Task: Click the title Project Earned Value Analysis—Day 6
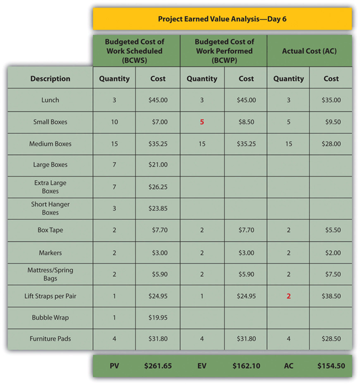coord(222,19)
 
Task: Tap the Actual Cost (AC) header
coord(309,51)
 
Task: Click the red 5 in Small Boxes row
coord(202,122)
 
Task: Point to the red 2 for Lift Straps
coord(288,296)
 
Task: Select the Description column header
coord(50,79)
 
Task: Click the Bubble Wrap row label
coord(50,317)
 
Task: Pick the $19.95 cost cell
coord(157,317)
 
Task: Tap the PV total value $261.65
coord(157,365)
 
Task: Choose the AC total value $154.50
coord(331,365)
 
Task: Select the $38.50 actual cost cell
coord(331,296)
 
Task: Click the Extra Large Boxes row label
coord(50,187)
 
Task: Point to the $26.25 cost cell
coord(157,187)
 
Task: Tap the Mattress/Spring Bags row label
coord(50,274)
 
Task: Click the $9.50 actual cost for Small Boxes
coord(331,122)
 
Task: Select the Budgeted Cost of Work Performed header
coord(224,51)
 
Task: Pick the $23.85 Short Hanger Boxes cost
coord(157,208)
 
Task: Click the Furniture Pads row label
coord(50,339)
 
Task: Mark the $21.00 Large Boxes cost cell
coord(157,165)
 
